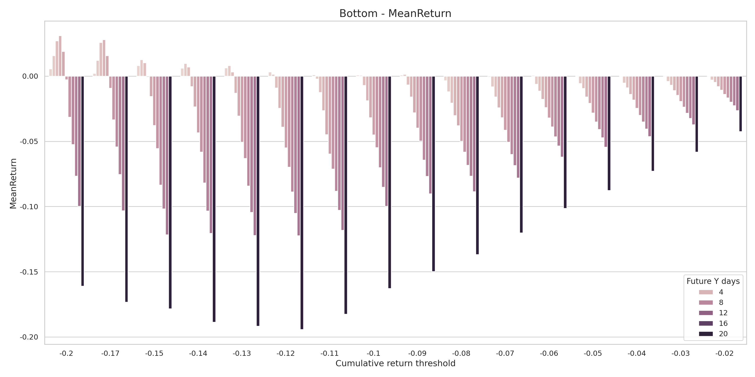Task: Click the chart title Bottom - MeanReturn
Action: coord(395,13)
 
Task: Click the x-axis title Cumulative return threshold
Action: coord(395,363)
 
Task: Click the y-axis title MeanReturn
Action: coord(13,184)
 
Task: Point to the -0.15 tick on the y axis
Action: coord(29,272)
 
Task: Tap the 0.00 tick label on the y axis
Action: coord(30,76)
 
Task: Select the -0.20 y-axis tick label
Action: coord(29,337)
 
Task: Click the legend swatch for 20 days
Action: coord(705,334)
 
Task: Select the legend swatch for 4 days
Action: coord(705,292)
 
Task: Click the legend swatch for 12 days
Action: coord(705,313)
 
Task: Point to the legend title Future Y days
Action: coord(713,281)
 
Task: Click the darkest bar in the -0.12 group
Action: coord(302,203)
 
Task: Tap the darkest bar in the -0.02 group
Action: coord(740,104)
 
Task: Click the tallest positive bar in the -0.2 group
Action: coord(60,56)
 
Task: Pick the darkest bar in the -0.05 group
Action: coord(609,133)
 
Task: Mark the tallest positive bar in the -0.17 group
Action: coord(104,58)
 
